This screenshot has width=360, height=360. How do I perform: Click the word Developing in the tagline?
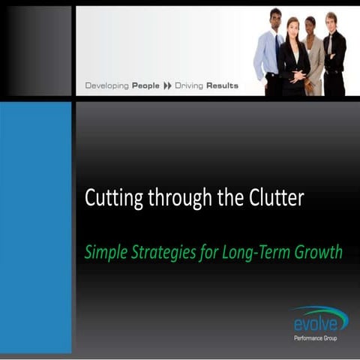click(x=107, y=86)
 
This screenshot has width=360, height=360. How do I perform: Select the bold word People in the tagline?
click(x=146, y=86)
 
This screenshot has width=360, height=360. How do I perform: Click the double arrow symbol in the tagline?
click(x=169, y=86)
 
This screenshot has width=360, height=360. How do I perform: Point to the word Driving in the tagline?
click(x=190, y=86)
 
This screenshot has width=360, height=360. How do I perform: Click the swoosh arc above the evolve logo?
click(x=319, y=310)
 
